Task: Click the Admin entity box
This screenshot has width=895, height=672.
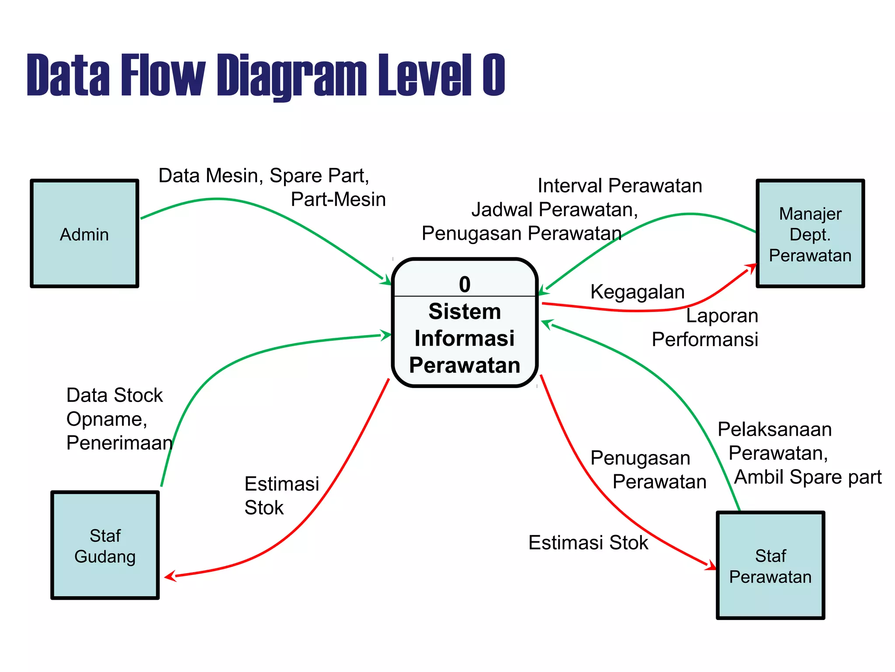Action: point(84,234)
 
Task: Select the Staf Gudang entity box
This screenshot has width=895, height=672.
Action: point(105,545)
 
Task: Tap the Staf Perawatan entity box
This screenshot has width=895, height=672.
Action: point(770,565)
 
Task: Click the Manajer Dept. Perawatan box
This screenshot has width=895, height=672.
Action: point(810,234)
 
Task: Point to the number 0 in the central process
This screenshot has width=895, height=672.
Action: point(465,284)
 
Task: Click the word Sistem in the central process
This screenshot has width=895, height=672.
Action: point(465,311)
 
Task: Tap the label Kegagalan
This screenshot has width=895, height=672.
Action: point(637,292)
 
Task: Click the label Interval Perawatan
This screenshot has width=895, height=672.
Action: point(620,185)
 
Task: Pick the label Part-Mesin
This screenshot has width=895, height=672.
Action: point(338,199)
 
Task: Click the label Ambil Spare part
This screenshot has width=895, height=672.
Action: point(808,477)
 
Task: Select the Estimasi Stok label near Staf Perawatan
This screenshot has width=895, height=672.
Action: point(588,542)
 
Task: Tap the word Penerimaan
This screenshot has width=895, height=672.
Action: point(119,443)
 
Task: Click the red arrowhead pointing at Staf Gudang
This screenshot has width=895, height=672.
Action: point(170,577)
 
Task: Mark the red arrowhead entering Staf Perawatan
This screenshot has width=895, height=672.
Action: point(711,565)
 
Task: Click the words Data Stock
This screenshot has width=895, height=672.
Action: point(114,395)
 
